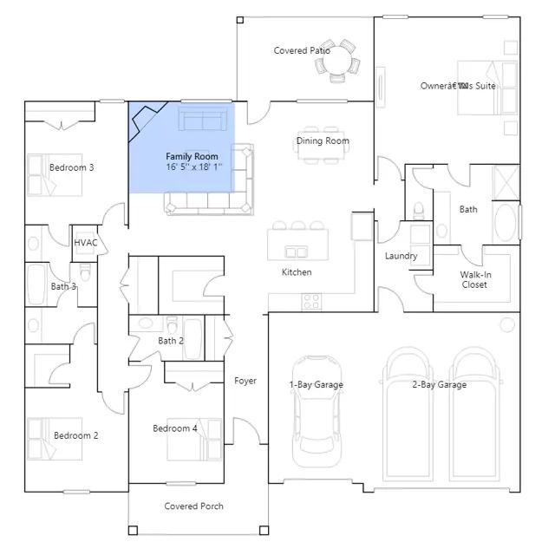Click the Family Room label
pos(192,156)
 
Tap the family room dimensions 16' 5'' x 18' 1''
pos(194,166)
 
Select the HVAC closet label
pos(85,243)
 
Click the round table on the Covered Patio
pos(337,61)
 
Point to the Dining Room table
pos(322,145)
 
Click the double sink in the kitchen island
pos(297,252)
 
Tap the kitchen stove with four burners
pos(311,302)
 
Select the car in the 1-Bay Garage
pos(317,411)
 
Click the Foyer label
pos(245,381)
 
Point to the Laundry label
pos(401,256)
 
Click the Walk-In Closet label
pos(475,279)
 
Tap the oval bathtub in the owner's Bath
pos(506,223)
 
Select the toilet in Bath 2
pos(172,324)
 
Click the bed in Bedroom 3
pos(55,174)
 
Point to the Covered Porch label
pos(194,506)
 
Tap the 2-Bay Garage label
pos(440,384)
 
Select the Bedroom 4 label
pos(175,428)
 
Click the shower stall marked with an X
pos(506,183)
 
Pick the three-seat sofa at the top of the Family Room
pos(203,119)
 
